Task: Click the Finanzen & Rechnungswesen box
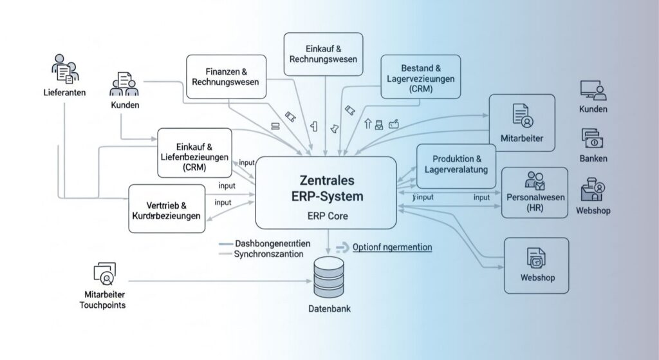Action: pyautogui.click(x=225, y=77)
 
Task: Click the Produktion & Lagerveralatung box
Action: pyautogui.click(x=456, y=165)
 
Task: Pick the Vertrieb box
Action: pyautogui.click(x=167, y=209)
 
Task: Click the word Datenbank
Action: pyautogui.click(x=329, y=308)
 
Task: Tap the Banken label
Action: pyautogui.click(x=593, y=158)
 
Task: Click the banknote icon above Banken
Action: pyautogui.click(x=592, y=138)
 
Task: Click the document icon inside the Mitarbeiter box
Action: pyautogui.click(x=522, y=115)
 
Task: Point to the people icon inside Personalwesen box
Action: pyautogui.click(x=535, y=180)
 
